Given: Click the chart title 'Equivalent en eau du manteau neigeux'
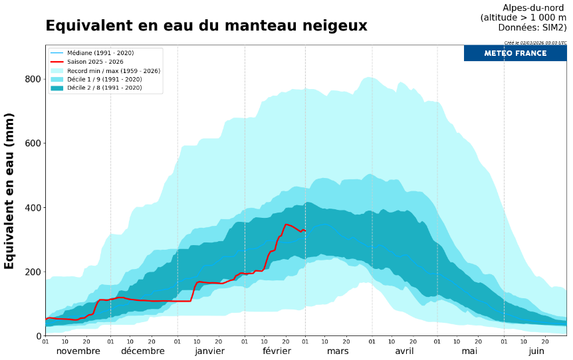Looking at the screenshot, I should (206, 26).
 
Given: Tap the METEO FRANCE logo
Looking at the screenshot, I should (515, 53).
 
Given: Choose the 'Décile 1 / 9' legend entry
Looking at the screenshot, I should (105, 79).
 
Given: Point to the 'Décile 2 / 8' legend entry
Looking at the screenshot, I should (105, 88).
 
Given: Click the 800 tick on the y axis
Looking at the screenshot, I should (33, 79).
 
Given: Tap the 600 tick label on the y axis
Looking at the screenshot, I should (33, 143).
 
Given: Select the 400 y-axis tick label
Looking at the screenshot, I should (33, 208).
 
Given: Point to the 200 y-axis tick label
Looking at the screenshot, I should (33, 272).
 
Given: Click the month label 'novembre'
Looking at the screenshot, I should (78, 351).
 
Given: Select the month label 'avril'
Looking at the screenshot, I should (404, 351).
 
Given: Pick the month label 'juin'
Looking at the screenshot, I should (536, 351).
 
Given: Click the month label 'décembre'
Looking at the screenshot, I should (143, 351).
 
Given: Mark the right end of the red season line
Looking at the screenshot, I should (305, 230).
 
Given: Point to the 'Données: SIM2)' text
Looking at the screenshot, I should (532, 27).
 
